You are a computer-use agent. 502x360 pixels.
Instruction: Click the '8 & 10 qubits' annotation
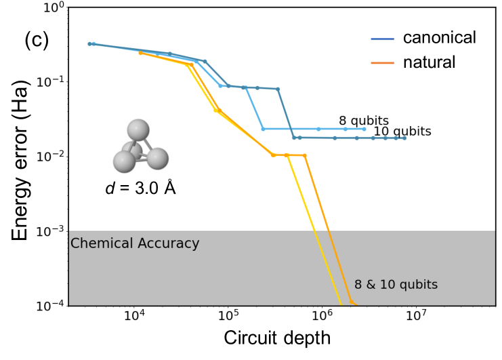coord(396,285)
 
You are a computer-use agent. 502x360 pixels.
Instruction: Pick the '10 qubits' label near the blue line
coord(402,131)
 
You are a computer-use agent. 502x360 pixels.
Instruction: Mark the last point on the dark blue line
coord(404,138)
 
